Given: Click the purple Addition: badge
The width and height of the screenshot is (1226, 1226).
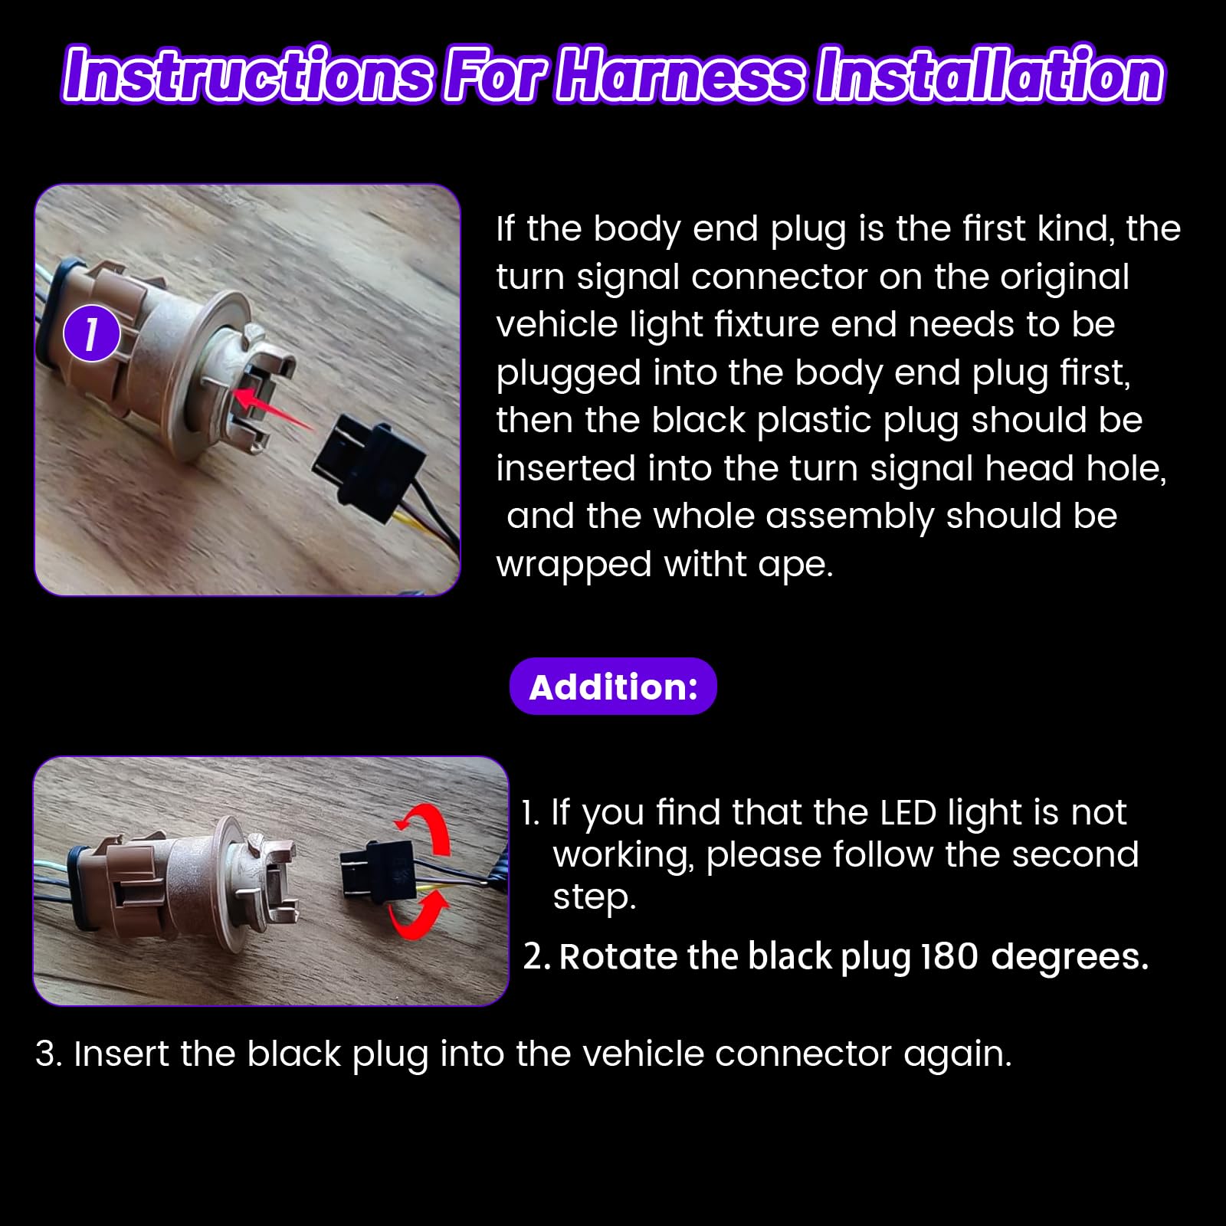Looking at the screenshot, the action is point(613,687).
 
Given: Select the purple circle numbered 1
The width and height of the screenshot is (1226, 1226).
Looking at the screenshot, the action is point(91,335).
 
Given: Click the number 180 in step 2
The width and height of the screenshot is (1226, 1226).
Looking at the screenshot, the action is point(949,956).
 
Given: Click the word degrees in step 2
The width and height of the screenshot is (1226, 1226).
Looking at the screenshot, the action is point(1070,958).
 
